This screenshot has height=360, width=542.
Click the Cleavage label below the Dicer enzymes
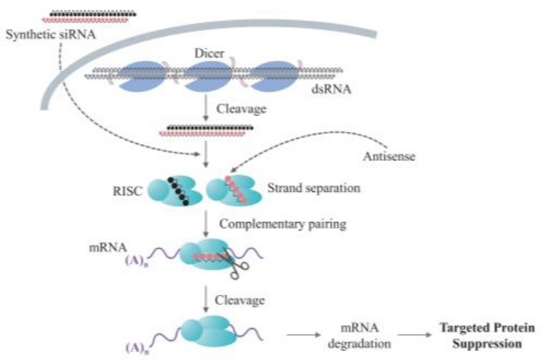[242, 108]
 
